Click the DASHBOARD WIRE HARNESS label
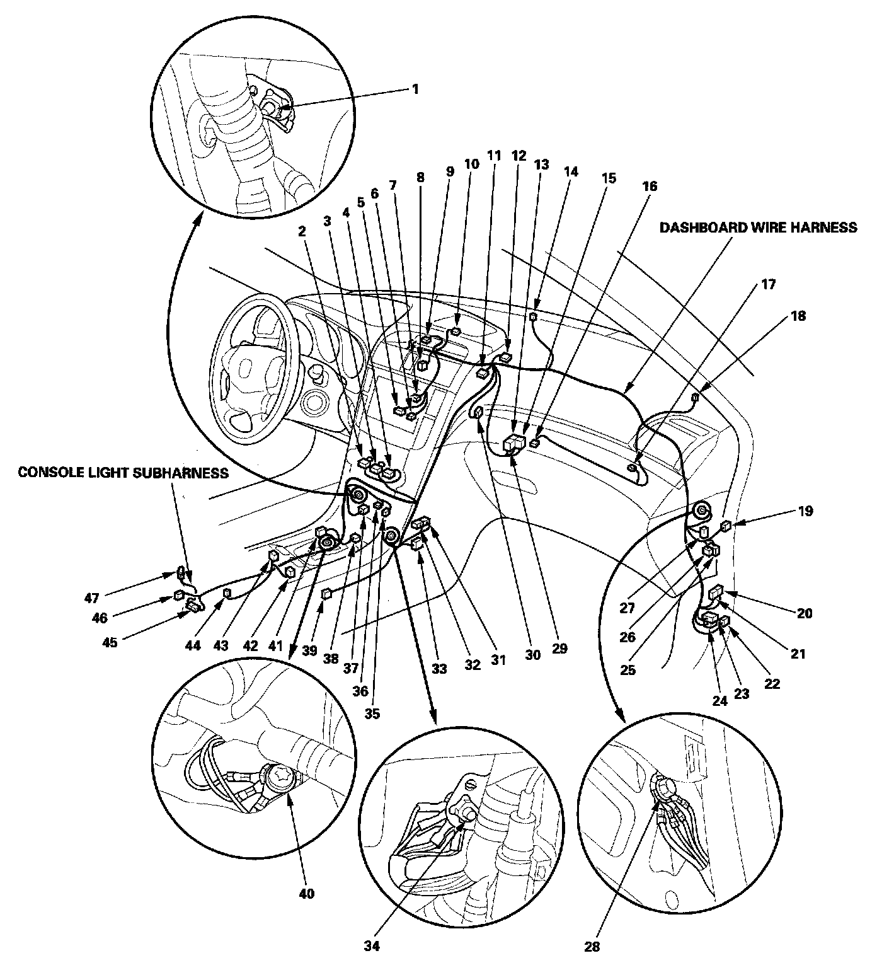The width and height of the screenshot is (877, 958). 758,228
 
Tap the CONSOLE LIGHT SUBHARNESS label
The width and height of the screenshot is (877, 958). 123,472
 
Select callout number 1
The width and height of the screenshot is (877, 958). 415,89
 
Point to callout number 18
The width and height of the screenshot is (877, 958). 798,316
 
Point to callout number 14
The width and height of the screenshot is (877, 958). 570,171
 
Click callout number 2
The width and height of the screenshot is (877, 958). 302,231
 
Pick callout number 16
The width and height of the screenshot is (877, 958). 650,187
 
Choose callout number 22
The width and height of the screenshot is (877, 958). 772,684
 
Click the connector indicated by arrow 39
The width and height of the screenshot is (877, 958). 326,594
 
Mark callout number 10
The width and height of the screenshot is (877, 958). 472,164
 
